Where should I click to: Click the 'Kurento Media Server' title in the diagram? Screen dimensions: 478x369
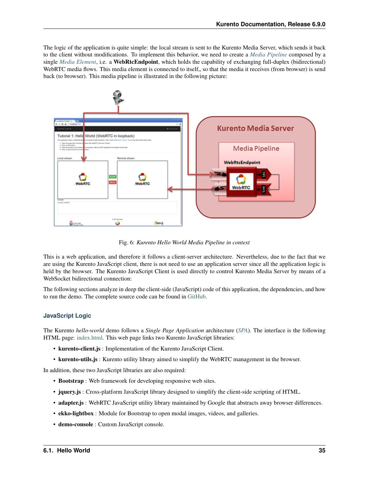tap(255, 128)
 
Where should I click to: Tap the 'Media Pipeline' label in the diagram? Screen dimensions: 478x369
tap(256, 148)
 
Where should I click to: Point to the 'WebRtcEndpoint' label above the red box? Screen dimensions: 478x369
tap(242, 162)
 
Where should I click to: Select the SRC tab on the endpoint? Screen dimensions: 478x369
tap(264, 174)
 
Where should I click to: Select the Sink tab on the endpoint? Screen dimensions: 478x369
tap(264, 189)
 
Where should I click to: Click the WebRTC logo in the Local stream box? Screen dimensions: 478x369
tap(83, 179)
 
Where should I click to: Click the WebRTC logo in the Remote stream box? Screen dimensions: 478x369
tap(142, 179)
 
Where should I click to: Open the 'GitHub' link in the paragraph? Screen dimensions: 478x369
tap(197, 296)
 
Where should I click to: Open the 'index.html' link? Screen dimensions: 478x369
tap(90, 338)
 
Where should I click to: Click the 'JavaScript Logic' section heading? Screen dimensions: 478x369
tap(67, 316)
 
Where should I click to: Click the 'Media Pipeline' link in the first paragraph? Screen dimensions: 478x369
tap(268, 54)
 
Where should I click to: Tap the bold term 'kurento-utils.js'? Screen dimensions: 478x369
tap(78, 359)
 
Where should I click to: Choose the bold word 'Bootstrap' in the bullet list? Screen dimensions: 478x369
tap(71, 381)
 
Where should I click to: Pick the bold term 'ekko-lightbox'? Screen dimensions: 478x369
tap(76, 413)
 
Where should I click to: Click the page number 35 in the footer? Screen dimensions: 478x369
tap(322, 450)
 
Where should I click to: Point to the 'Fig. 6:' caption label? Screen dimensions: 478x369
tap(127, 242)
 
